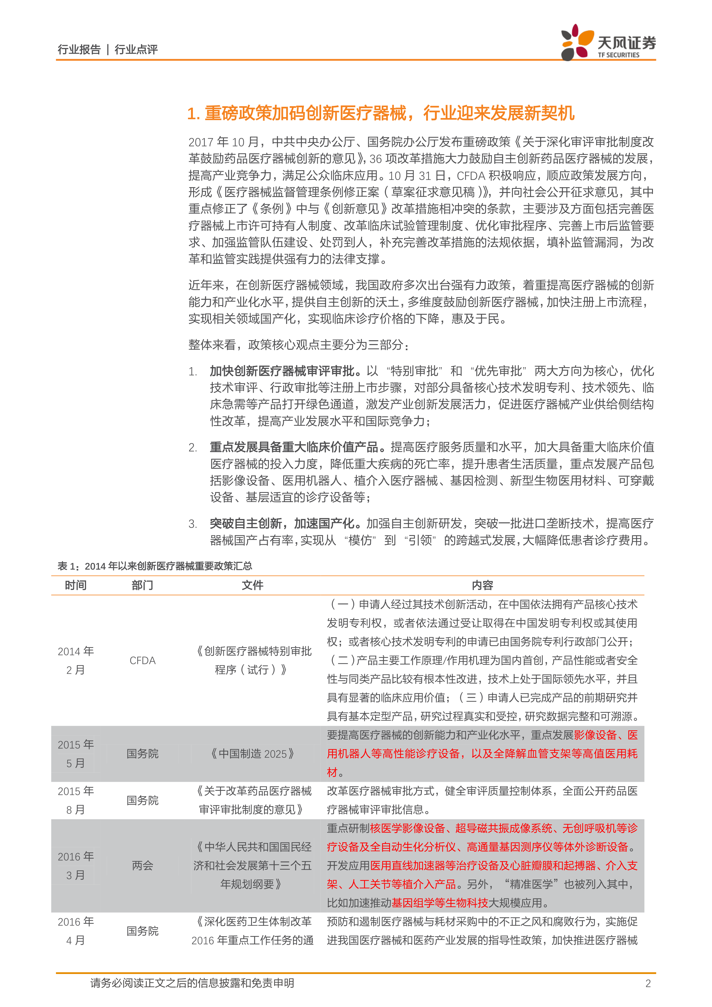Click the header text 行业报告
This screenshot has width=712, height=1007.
[x=79, y=50]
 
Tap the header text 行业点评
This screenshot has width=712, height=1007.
[x=136, y=50]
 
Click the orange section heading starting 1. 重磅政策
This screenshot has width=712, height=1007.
[x=381, y=113]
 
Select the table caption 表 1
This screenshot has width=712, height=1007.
[x=154, y=566]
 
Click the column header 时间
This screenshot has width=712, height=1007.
[x=75, y=585]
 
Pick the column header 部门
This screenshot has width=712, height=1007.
[x=143, y=585]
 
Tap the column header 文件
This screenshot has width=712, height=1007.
[x=253, y=585]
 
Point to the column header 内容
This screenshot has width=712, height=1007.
[x=482, y=585]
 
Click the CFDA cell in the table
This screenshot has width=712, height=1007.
[x=143, y=661]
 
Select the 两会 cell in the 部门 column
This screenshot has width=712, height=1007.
[x=143, y=865]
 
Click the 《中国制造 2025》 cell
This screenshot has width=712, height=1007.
[x=253, y=754]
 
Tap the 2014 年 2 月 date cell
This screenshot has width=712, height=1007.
[x=75, y=661]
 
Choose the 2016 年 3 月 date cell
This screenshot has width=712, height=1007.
[x=75, y=865]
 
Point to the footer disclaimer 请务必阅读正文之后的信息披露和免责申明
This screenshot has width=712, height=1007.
[x=192, y=983]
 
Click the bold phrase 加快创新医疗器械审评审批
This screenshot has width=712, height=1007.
[x=285, y=371]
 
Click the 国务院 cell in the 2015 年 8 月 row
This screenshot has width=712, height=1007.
[x=143, y=800]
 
